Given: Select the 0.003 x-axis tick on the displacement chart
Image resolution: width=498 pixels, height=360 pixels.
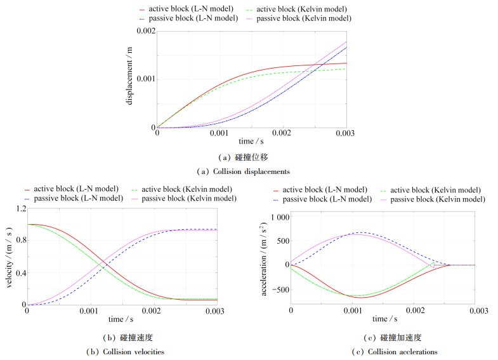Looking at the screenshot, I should click(x=346, y=134).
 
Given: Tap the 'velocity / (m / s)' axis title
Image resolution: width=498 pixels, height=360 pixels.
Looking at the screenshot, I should click(x=8, y=257).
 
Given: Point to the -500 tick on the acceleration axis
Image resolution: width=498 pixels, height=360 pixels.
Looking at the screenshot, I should click(x=278, y=290).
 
